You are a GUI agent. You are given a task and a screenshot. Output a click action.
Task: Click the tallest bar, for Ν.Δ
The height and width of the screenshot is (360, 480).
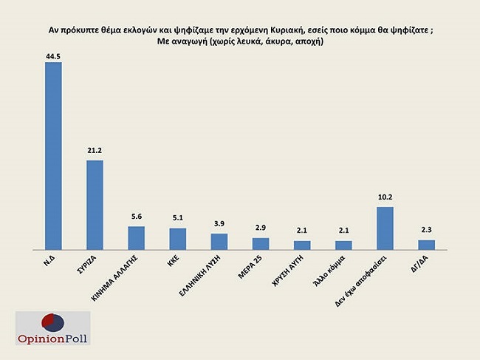tap(53, 156)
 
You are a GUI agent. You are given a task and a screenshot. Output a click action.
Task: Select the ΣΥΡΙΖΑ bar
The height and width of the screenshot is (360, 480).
tap(95, 205)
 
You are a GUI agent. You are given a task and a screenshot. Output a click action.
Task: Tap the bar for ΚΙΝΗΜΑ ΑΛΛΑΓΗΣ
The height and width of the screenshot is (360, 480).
tap(137, 238)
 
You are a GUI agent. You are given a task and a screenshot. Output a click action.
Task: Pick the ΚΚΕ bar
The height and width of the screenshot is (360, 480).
tap(178, 239)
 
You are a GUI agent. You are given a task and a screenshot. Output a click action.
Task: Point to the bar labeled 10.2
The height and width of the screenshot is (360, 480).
tap(385, 228)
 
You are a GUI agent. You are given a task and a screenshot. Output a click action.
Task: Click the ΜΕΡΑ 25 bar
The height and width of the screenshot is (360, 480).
tap(261, 243)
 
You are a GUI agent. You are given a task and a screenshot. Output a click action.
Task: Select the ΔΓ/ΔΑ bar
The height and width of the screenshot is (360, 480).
tap(427, 245)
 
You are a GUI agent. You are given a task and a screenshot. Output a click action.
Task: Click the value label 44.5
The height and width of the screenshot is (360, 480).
tap(53, 55)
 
